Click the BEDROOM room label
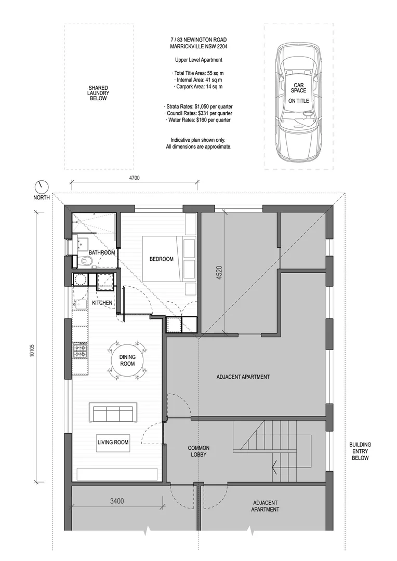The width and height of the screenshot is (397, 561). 161,259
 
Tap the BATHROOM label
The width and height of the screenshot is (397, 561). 101,252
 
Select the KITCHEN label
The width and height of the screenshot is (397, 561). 102,302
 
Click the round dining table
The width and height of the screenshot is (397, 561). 127,360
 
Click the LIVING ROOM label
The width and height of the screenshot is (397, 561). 113,443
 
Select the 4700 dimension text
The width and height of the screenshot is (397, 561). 134,178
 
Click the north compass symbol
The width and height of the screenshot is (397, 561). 41,186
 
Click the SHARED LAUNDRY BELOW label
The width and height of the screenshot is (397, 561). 98,93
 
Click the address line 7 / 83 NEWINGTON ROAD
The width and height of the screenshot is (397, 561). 198,39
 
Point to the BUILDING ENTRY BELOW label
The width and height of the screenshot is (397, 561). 360,451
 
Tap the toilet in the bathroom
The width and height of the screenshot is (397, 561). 85,261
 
